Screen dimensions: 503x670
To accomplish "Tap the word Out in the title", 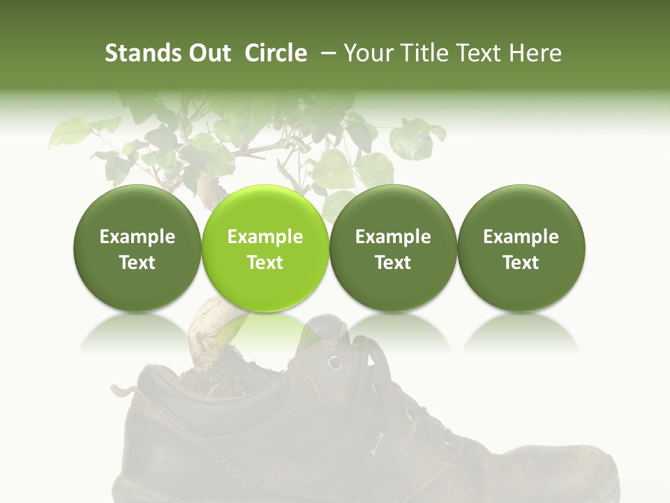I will [x=208, y=54].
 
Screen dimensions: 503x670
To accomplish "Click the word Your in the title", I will [x=367, y=54].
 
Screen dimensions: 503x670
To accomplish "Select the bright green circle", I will [x=265, y=248].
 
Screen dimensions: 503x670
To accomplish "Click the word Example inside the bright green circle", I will [x=265, y=237].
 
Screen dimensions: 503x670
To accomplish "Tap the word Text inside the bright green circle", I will [x=265, y=263].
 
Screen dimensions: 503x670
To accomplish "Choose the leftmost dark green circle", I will [x=137, y=248].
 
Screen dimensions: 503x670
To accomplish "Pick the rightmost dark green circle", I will [x=521, y=248].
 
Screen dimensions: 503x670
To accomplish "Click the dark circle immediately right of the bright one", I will [x=393, y=248].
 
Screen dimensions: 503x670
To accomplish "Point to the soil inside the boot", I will [x=209, y=381].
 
